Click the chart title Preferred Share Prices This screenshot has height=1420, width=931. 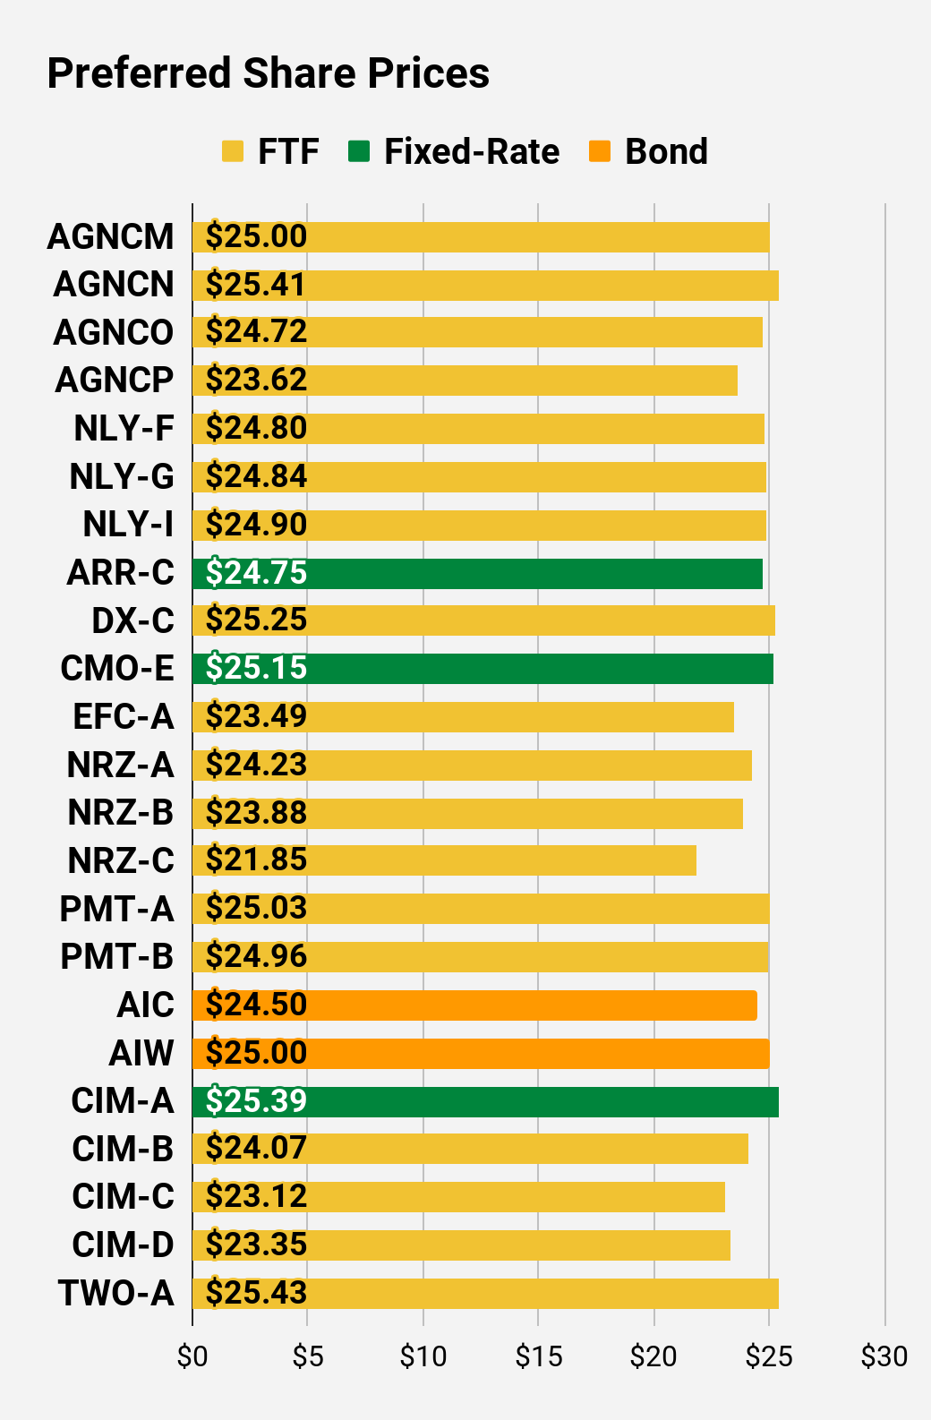268,73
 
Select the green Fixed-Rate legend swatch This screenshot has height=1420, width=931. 359,151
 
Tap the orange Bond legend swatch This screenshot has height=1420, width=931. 600,151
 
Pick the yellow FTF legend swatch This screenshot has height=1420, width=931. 233,151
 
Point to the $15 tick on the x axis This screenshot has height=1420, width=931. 539,1356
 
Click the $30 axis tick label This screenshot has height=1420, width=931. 884,1356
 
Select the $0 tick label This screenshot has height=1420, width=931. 192,1356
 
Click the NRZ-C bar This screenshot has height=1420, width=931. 444,860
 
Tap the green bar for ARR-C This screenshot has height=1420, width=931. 477,574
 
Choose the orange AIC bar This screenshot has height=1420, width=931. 474,1005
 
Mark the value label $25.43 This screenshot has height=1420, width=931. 256,1293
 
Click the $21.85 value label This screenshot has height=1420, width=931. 256,860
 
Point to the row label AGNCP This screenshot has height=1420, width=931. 114,380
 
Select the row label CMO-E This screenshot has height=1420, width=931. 116,668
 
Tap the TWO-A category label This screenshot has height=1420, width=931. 116,1293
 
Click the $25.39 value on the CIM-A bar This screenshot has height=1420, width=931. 256,1100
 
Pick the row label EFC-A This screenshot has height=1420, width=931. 123,716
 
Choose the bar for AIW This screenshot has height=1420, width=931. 481,1054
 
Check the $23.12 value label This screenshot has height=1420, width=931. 256,1196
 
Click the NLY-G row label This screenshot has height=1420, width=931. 121,476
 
